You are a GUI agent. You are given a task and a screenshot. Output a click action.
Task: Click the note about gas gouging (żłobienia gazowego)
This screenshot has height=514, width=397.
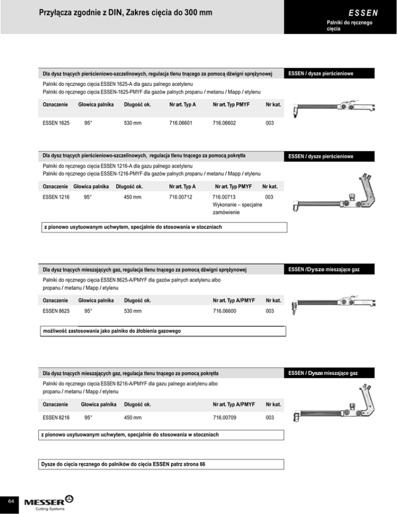pyautogui.click(x=111, y=330)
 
